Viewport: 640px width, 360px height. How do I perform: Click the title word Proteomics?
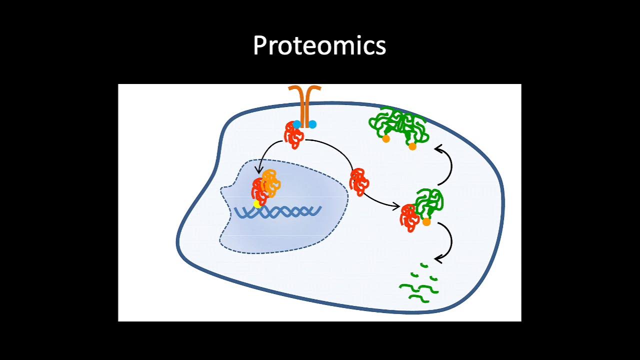click(319, 45)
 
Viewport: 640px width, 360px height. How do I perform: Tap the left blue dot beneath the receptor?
click(297, 124)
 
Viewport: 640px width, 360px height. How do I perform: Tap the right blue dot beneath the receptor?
click(312, 124)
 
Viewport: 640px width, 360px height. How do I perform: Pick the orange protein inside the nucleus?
click(270, 182)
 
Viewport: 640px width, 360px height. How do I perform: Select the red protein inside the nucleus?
click(258, 191)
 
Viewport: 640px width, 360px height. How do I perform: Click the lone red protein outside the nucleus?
click(358, 181)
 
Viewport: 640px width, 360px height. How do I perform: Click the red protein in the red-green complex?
click(409, 218)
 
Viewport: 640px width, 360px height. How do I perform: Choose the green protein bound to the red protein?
click(429, 201)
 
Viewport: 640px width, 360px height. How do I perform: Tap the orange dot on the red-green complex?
click(426, 222)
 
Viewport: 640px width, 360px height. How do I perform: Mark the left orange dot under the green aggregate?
click(386, 139)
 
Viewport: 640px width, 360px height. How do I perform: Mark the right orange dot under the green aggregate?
click(412, 146)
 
